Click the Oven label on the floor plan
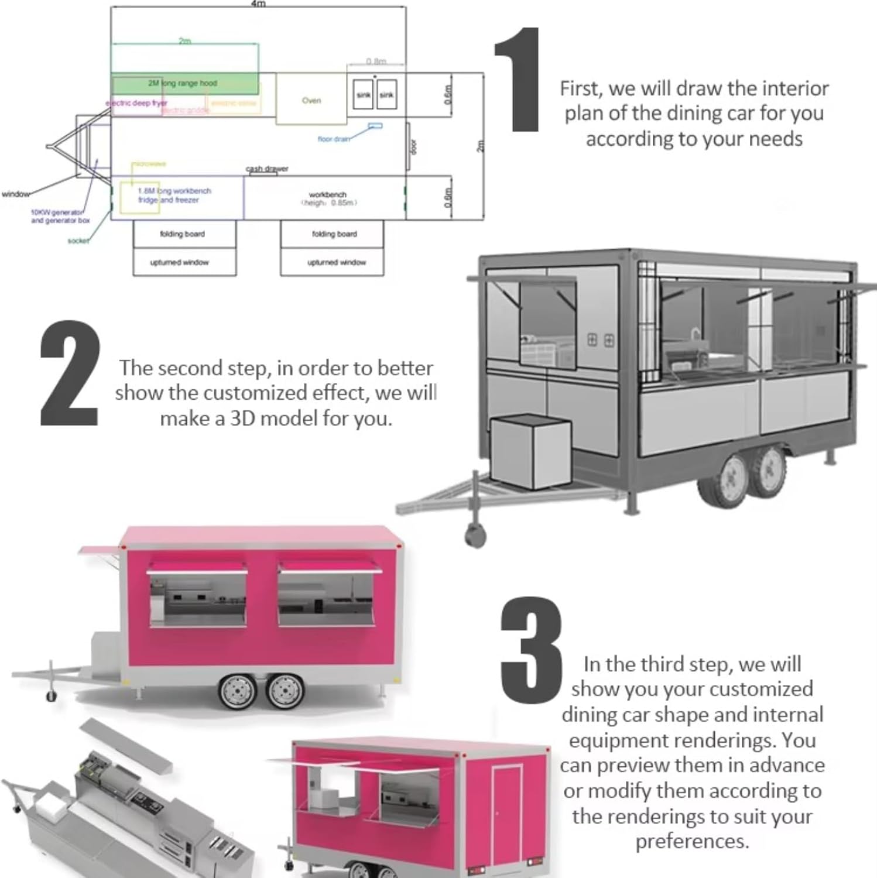click(x=311, y=101)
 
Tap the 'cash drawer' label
click(x=267, y=169)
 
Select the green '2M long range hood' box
click(x=184, y=83)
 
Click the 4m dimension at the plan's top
click(x=258, y=4)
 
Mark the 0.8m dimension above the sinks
click(x=376, y=61)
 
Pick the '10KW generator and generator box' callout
click(x=60, y=217)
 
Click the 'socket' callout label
click(x=78, y=241)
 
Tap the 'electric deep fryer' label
click(x=137, y=103)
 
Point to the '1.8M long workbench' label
click(x=174, y=191)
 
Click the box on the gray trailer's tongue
click(x=530, y=451)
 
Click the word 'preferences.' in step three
click(x=692, y=841)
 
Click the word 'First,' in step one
click(x=581, y=88)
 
